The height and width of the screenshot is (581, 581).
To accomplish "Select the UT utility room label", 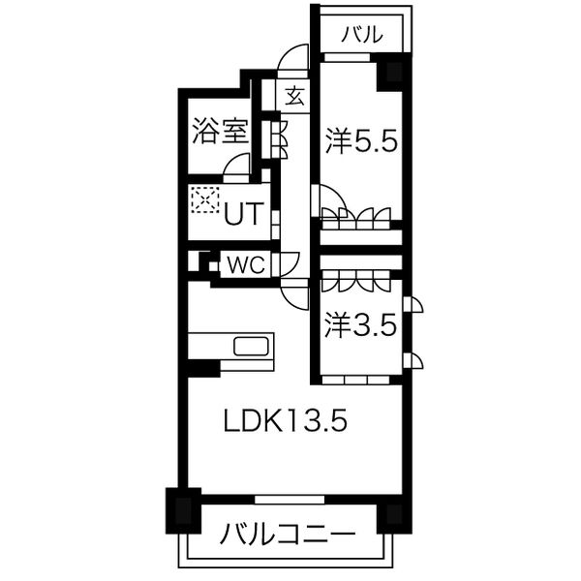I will click(x=242, y=212).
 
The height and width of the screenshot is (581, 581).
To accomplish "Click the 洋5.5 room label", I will click(x=361, y=142).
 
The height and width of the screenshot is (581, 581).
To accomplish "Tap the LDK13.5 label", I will click(x=285, y=422).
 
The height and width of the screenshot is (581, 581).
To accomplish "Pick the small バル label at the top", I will click(x=362, y=36).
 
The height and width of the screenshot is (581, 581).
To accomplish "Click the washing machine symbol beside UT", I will click(x=205, y=199).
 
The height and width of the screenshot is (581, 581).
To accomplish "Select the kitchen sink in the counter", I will click(x=255, y=347).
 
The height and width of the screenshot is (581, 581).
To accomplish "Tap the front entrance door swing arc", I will click(x=291, y=60).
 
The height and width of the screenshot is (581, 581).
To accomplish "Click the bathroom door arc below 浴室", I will click(x=236, y=168).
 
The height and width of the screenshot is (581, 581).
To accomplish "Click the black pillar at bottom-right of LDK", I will click(x=393, y=512).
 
